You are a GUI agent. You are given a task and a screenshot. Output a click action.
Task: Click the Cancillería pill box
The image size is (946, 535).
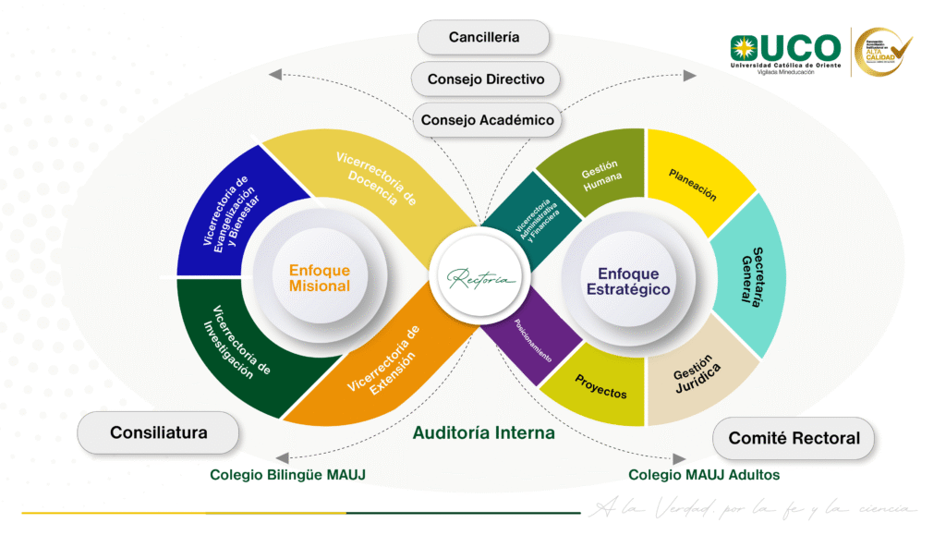pyautogui.click(x=484, y=38)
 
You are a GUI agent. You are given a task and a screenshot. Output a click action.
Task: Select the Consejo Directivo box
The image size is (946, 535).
pyautogui.click(x=486, y=79)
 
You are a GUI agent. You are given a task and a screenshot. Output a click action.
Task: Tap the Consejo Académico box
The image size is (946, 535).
pyautogui.click(x=487, y=120)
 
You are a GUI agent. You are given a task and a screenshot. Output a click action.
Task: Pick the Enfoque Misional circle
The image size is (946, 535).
pyautogui.click(x=320, y=278)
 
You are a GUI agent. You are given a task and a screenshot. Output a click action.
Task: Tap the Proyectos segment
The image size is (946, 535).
pyautogui.click(x=600, y=388)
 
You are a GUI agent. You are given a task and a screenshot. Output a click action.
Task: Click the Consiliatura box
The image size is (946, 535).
pyautogui.click(x=159, y=432)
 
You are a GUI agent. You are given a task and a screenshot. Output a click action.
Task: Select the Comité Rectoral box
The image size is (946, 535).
pyautogui.click(x=794, y=439)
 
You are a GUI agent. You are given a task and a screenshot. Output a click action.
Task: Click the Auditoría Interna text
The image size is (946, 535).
pyautogui.click(x=483, y=432)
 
